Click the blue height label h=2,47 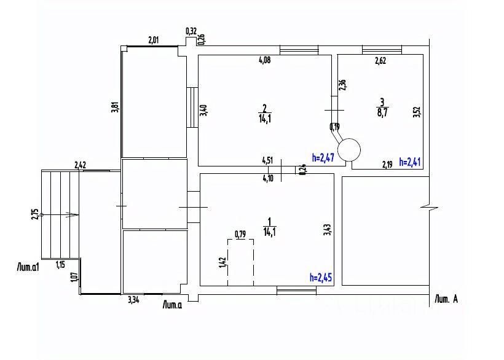click(323, 157)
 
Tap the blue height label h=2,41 click(410, 162)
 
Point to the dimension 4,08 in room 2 click(264, 60)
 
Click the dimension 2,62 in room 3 click(382, 60)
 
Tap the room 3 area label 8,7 click(382, 112)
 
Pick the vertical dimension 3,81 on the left click(114, 106)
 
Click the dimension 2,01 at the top click(154, 41)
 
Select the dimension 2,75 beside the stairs click(35, 214)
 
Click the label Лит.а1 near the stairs click(28, 267)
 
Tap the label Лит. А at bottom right click(446, 299)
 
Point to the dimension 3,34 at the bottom click(133, 300)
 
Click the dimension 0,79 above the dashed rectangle click(240, 233)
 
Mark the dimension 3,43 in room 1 click(326, 230)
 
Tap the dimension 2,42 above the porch click(81, 165)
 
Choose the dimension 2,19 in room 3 click(387, 164)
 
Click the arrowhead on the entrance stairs click(73, 215)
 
